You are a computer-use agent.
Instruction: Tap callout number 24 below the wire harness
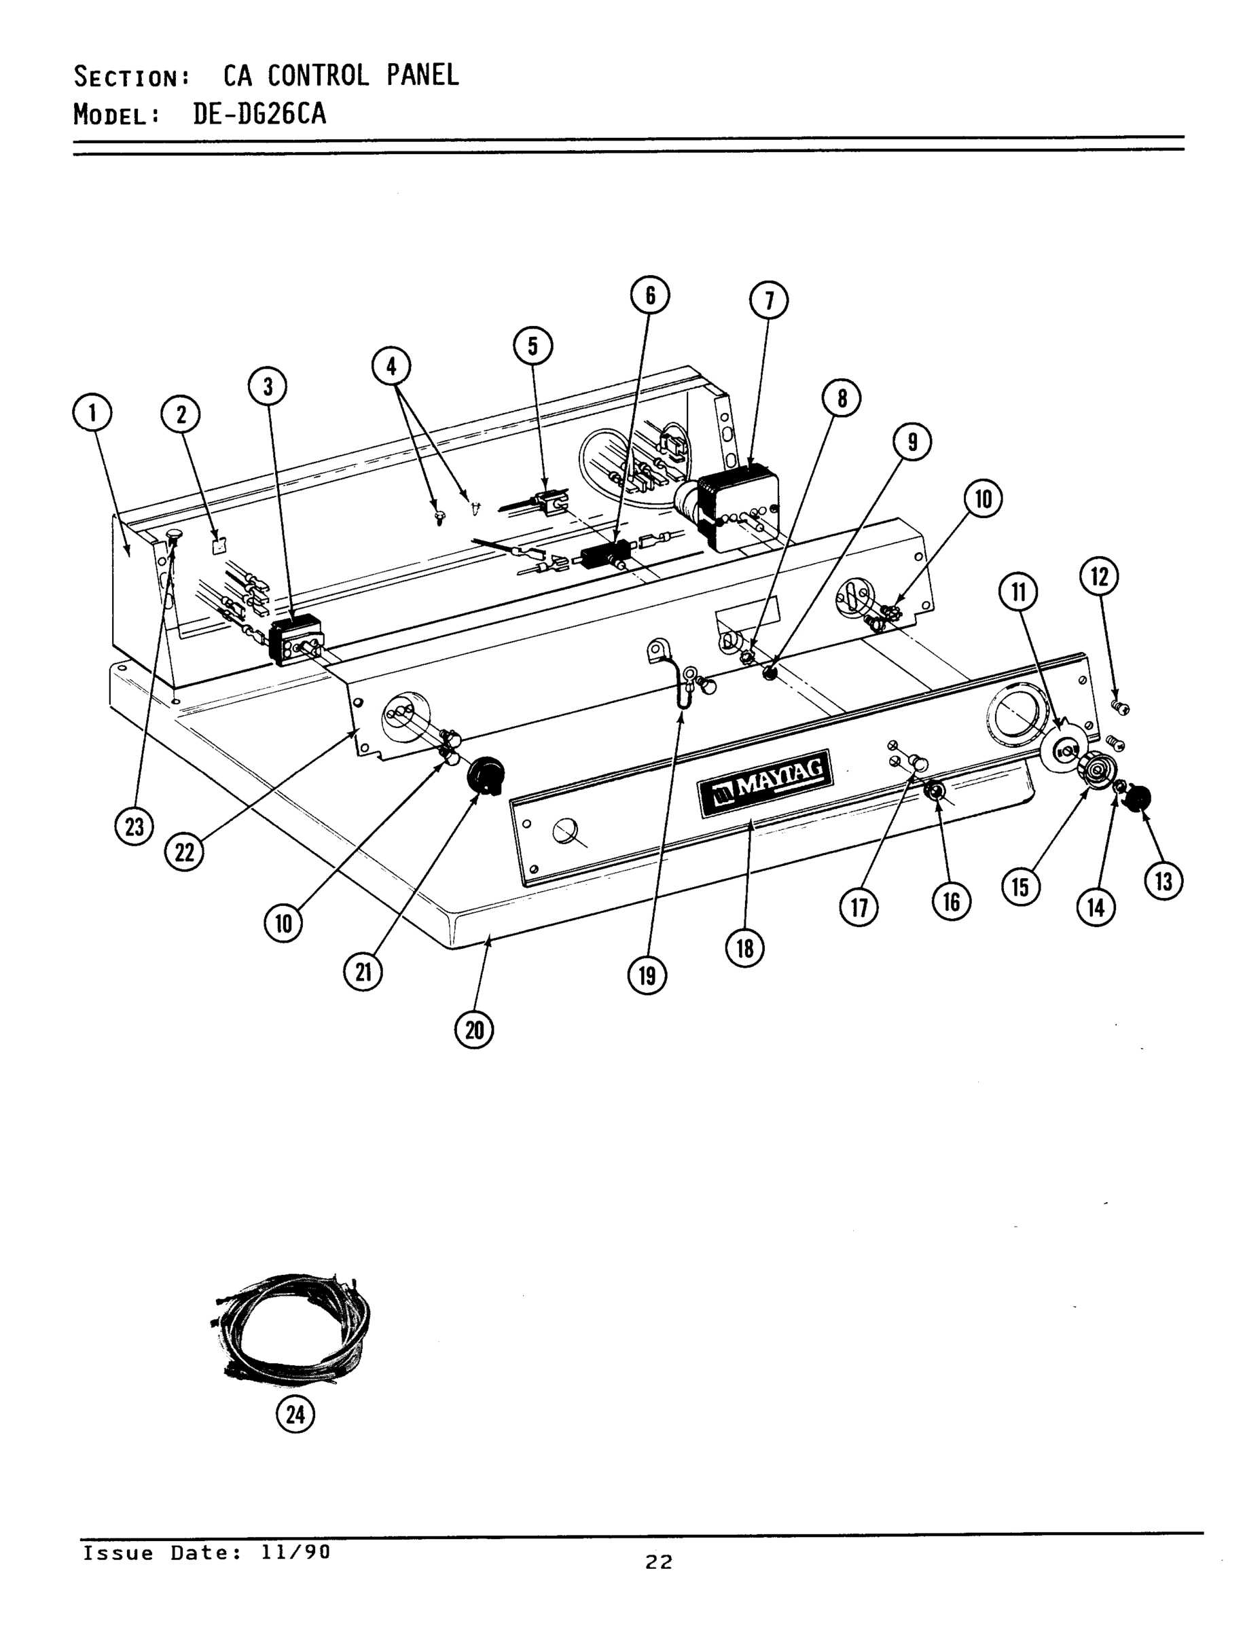(x=295, y=1415)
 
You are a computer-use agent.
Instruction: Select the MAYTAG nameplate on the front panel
(x=765, y=782)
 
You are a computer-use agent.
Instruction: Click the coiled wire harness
(x=291, y=1329)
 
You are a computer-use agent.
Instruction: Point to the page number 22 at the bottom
(x=658, y=1562)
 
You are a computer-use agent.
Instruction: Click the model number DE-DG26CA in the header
(x=259, y=114)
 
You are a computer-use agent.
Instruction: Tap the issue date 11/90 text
(x=295, y=1552)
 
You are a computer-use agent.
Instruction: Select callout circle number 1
(x=92, y=413)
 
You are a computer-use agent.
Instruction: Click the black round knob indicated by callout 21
(x=486, y=775)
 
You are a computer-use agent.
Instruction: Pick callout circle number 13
(x=1163, y=881)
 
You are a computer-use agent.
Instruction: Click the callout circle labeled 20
(x=474, y=1030)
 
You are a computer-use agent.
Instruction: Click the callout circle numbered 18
(x=745, y=947)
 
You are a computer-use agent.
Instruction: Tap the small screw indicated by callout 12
(x=1122, y=708)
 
